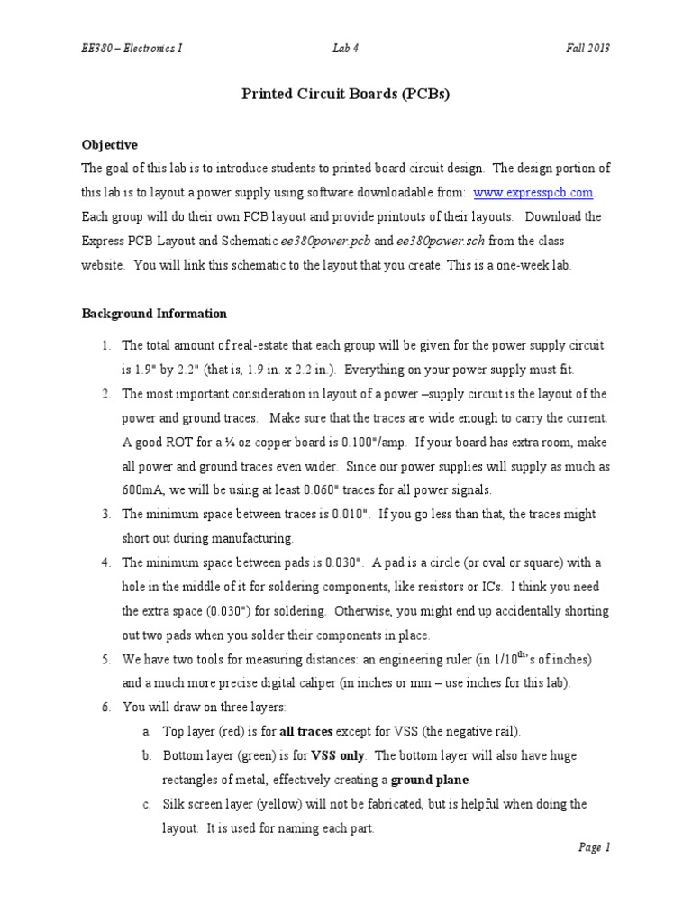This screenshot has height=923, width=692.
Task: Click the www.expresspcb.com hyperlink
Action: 533,193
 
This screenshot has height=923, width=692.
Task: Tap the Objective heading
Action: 110,144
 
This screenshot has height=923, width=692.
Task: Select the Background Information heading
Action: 154,314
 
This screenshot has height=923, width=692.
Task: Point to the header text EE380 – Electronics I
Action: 132,48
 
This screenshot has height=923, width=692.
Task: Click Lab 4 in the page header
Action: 345,48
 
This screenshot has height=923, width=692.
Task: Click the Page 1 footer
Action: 594,846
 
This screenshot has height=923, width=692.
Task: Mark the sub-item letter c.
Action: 146,803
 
